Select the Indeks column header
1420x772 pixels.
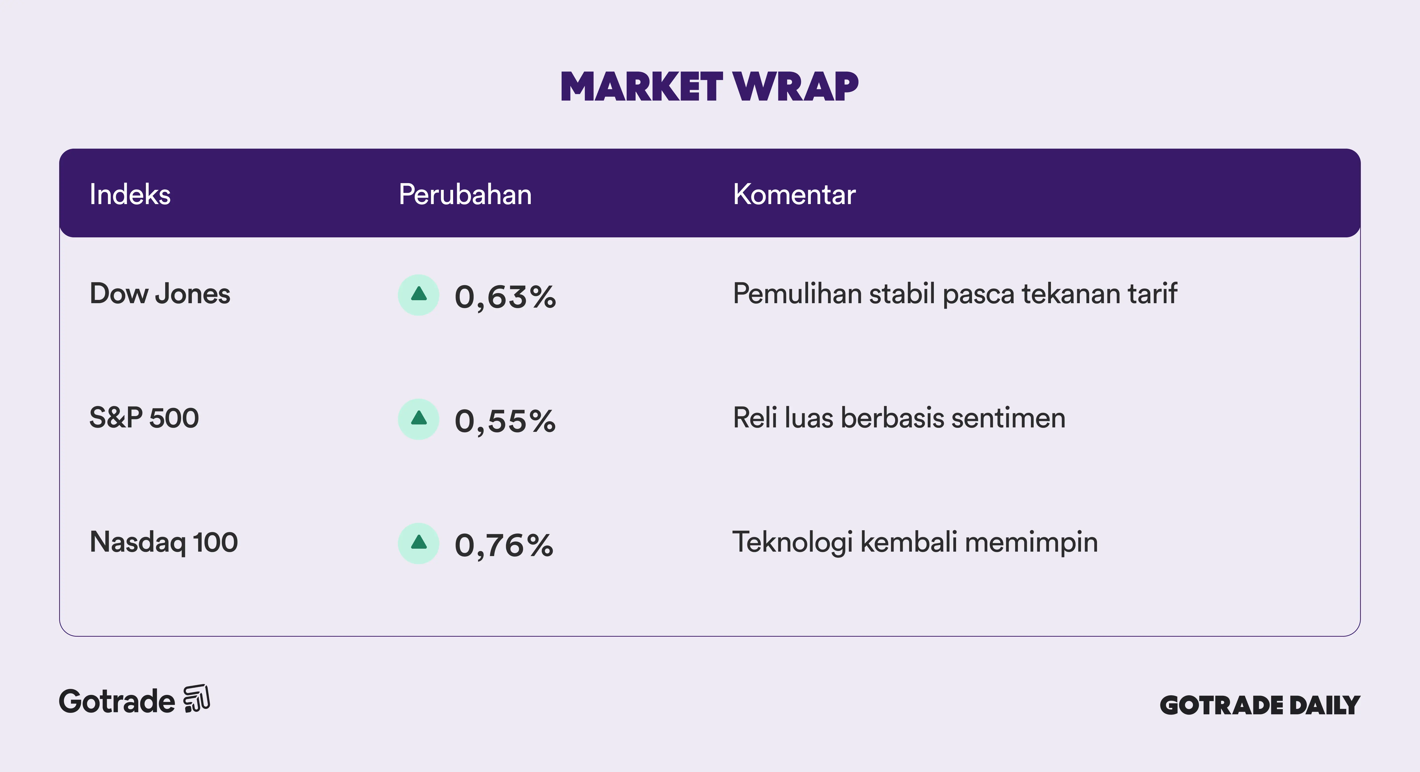tap(130, 194)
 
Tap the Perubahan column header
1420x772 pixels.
tap(465, 194)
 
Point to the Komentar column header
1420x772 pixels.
tap(794, 194)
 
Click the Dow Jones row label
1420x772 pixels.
tap(160, 294)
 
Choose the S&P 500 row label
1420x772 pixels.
tap(144, 418)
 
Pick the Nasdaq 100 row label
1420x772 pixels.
tap(164, 542)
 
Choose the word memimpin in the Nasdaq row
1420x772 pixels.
tap(1031, 542)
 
